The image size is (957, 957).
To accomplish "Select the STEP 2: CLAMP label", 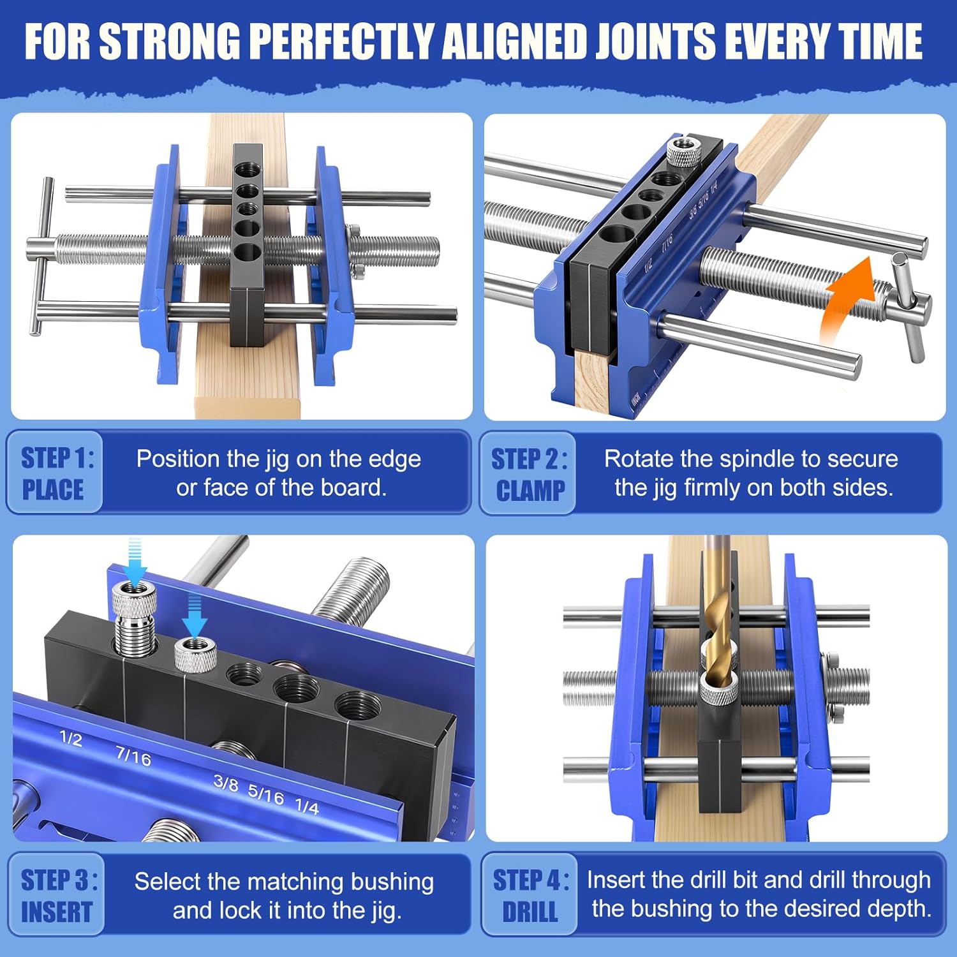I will (x=529, y=474).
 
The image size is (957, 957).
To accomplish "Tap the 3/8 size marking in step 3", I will (x=226, y=783).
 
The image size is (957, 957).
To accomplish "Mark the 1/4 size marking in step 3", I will (x=307, y=806).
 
